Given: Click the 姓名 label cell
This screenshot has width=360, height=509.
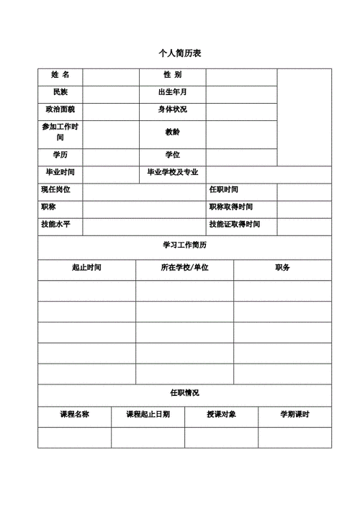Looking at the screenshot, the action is point(60,75).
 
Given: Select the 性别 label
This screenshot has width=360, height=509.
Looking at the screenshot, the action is point(172,75).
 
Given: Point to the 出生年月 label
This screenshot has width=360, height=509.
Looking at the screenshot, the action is point(172,92).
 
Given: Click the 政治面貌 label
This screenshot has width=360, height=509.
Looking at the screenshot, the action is point(60,109).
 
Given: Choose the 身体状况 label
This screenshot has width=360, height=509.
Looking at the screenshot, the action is point(172,109).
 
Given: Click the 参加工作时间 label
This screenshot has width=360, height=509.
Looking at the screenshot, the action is point(60,132).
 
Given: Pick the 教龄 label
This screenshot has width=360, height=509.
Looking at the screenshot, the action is point(172,132).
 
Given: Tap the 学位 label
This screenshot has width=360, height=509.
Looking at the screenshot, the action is point(172,155).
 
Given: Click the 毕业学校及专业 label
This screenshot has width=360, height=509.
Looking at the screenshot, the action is point(172,173).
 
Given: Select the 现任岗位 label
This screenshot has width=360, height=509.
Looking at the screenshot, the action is point(56,189).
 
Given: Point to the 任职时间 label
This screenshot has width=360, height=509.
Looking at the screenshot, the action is point(224,189).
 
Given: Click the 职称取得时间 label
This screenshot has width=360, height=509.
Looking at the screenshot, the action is point(231,207).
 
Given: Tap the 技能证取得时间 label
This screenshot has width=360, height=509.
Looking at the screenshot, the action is point(235,225).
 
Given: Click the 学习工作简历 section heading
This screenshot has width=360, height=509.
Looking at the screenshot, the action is point(184,246).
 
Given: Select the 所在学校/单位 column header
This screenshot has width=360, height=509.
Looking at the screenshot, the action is point(184,268).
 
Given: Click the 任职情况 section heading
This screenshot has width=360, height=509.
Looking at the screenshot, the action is point(184,393).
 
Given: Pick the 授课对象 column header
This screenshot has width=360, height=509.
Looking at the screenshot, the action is point(221,415).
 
